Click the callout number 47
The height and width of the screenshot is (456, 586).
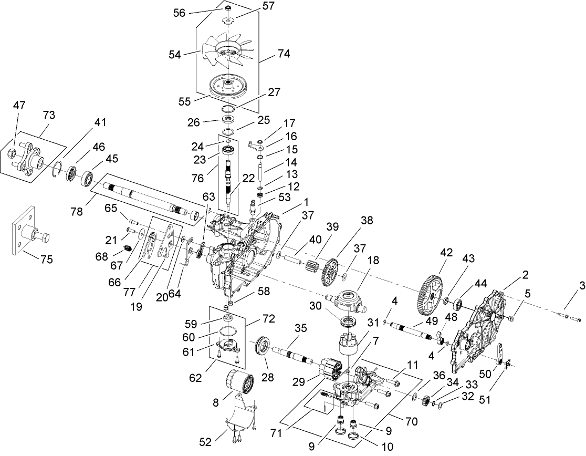(x=19, y=106)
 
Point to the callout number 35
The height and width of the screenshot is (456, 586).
(x=300, y=328)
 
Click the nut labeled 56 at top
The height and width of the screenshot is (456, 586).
(x=228, y=10)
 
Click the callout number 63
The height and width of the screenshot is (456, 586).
(x=208, y=197)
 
